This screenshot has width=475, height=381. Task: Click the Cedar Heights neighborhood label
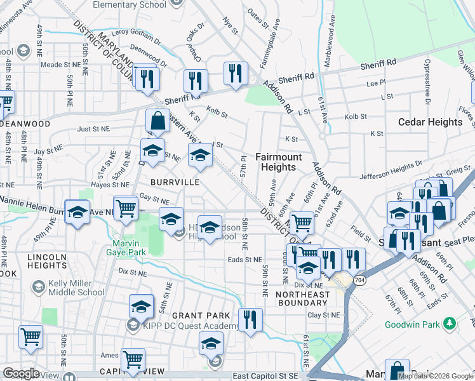[x=430, y=122]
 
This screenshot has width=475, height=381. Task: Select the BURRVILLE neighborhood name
[x=176, y=182]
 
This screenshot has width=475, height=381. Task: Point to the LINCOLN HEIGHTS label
[x=46, y=262]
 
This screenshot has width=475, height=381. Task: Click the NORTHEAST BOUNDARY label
[x=303, y=299]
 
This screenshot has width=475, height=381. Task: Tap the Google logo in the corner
[x=21, y=373]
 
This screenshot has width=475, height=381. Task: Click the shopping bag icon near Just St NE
[x=157, y=121]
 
